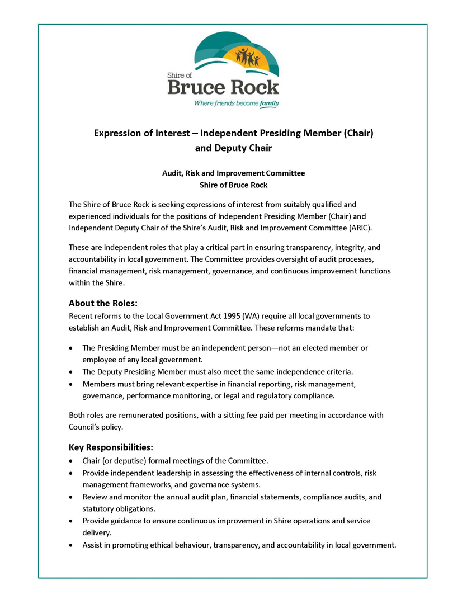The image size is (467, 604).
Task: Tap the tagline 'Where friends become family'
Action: click(x=236, y=103)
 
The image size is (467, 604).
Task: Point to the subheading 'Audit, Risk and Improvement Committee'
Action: click(x=233, y=173)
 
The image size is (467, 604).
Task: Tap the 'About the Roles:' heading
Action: click(x=103, y=304)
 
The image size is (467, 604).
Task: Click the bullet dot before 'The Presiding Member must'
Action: click(x=71, y=348)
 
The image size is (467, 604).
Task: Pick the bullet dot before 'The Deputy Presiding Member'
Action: click(x=71, y=372)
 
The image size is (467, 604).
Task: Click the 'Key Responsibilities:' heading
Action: click(x=111, y=447)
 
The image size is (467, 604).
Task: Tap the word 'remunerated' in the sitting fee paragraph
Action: click(x=146, y=415)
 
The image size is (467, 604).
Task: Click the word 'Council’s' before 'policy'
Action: click(x=86, y=427)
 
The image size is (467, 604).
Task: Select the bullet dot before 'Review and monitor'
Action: click(x=71, y=497)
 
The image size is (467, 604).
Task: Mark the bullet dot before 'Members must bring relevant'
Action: click(x=71, y=384)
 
